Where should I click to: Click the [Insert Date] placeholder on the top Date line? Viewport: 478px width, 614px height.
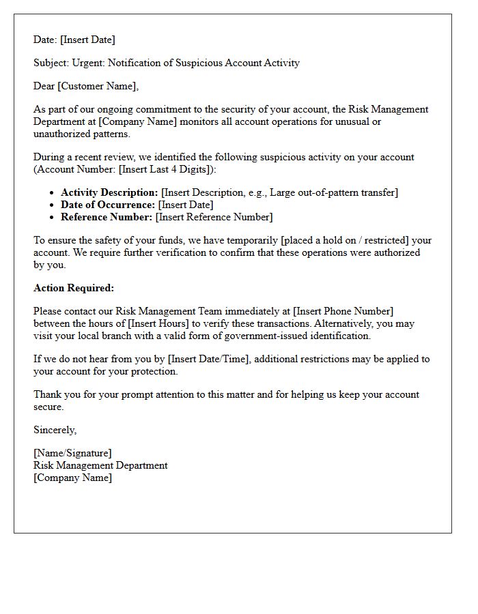click(x=87, y=40)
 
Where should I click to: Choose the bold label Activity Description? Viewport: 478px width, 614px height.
click(x=109, y=192)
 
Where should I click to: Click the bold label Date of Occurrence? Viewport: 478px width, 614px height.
click(x=108, y=205)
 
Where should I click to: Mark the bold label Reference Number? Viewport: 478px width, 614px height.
click(x=107, y=217)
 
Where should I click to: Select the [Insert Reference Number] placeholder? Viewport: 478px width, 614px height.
click(x=214, y=217)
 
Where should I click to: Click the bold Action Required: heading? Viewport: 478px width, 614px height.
click(x=74, y=288)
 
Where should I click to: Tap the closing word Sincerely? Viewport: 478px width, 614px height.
click(x=55, y=430)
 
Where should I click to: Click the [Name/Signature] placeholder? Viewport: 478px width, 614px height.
click(x=72, y=453)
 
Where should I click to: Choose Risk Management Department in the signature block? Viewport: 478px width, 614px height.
click(x=100, y=465)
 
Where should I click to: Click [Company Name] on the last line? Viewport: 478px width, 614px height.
click(x=72, y=478)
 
